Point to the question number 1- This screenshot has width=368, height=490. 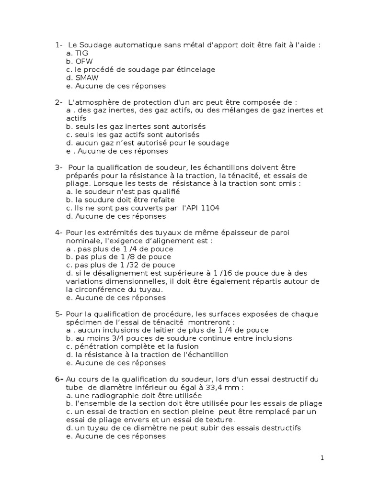(x=59, y=45)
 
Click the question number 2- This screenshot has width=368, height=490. (x=59, y=102)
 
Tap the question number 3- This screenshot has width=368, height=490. (x=59, y=167)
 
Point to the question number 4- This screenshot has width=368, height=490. (x=59, y=233)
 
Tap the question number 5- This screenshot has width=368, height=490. (x=59, y=314)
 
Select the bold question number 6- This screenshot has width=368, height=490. (x=59, y=379)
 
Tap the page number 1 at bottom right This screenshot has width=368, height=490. (x=322, y=458)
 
